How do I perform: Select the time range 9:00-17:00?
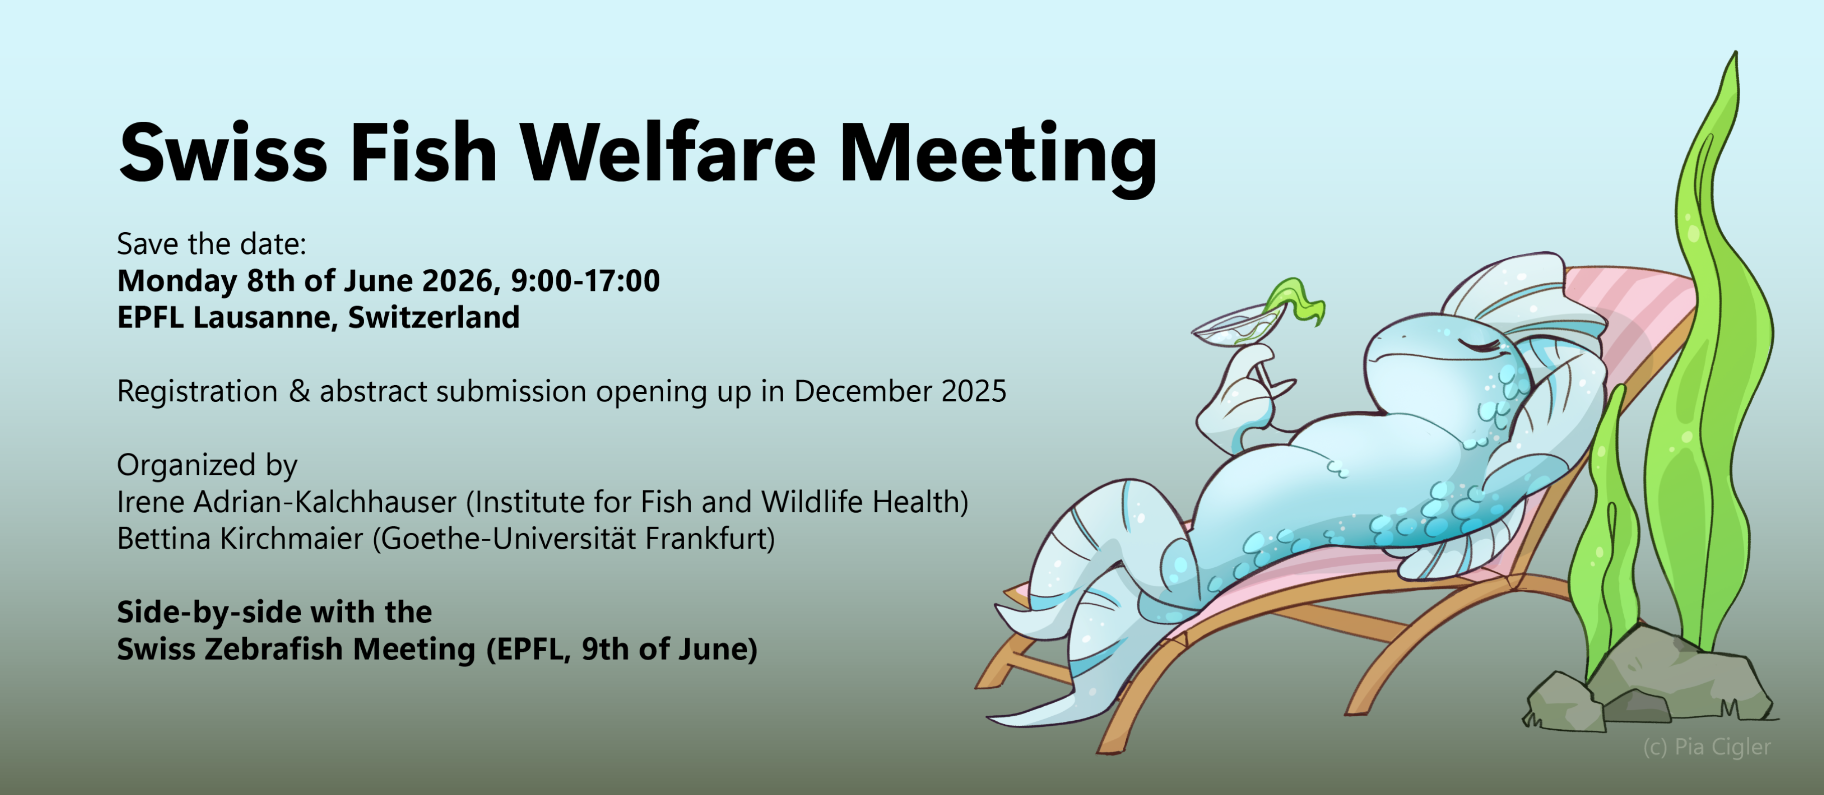pos(585,281)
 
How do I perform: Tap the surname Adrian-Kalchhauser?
pos(325,502)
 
